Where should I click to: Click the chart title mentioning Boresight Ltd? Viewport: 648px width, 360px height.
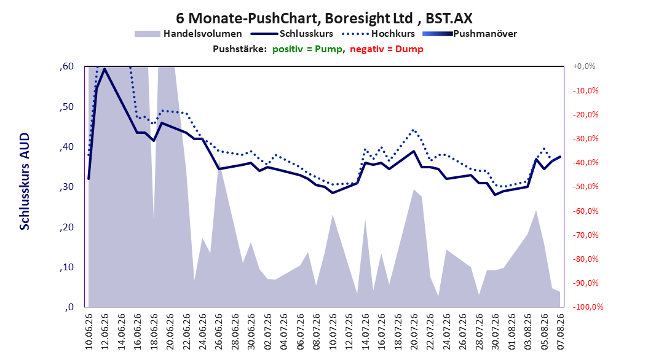pyautogui.click(x=324, y=18)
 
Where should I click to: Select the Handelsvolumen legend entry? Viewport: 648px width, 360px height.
pyautogui.click(x=188, y=34)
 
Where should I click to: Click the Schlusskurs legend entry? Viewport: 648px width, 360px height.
pyautogui.click(x=292, y=34)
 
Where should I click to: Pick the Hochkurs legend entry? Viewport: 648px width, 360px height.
pyautogui.click(x=378, y=34)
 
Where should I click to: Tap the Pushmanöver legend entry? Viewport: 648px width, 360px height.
pyautogui.click(x=470, y=34)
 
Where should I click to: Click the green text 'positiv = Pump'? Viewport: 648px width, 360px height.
pyautogui.click(x=307, y=49)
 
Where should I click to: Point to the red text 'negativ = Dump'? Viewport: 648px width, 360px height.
pyautogui.click(x=387, y=49)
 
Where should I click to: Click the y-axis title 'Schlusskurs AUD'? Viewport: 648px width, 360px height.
pyautogui.click(x=25, y=182)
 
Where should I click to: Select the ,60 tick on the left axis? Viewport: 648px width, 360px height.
pyautogui.click(x=66, y=66)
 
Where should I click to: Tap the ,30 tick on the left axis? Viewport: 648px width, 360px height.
pyautogui.click(x=66, y=187)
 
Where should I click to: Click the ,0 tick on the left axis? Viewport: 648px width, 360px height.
pyautogui.click(x=69, y=307)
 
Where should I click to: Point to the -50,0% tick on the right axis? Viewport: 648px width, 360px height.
pyautogui.click(x=585, y=187)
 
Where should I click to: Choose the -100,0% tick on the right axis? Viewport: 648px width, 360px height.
pyautogui.click(x=588, y=307)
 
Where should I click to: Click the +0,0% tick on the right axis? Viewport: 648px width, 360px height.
pyautogui.click(x=584, y=66)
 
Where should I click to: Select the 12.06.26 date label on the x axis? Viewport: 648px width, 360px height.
pyautogui.click(x=105, y=332)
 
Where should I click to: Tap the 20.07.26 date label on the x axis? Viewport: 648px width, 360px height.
pyautogui.click(x=414, y=332)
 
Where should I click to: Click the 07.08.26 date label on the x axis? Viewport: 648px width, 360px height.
pyautogui.click(x=560, y=332)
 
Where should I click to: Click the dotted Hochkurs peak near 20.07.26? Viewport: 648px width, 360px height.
pyautogui.click(x=414, y=130)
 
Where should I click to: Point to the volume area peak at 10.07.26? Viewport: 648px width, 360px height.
pyautogui.click(x=333, y=215)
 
